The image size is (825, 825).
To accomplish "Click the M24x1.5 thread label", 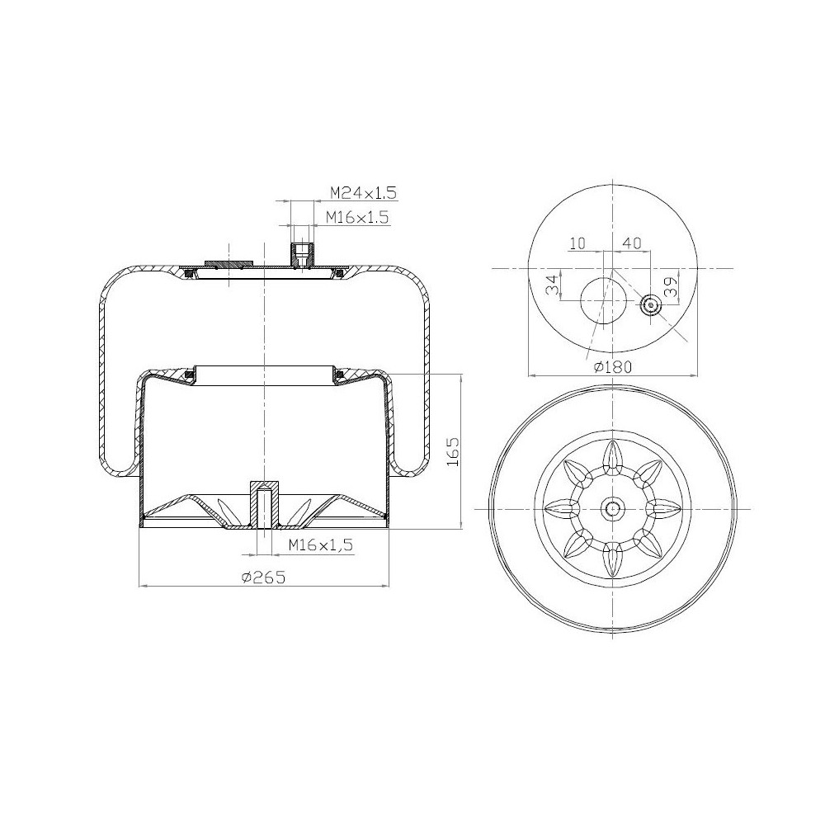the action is [363, 192].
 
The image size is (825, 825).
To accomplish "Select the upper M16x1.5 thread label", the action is [358, 216].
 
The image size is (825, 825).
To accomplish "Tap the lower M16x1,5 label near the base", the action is [320, 545].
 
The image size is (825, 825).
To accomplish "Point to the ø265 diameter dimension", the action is [263, 577].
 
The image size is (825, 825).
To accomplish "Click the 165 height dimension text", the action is [452, 451].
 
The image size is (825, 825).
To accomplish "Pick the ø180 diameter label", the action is [612, 366].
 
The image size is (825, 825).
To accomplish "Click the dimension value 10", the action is [577, 243].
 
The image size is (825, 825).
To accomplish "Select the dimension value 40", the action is [632, 243].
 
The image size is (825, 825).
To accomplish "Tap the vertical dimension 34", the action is [551, 285].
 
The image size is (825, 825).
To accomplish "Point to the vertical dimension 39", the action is [670, 287].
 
